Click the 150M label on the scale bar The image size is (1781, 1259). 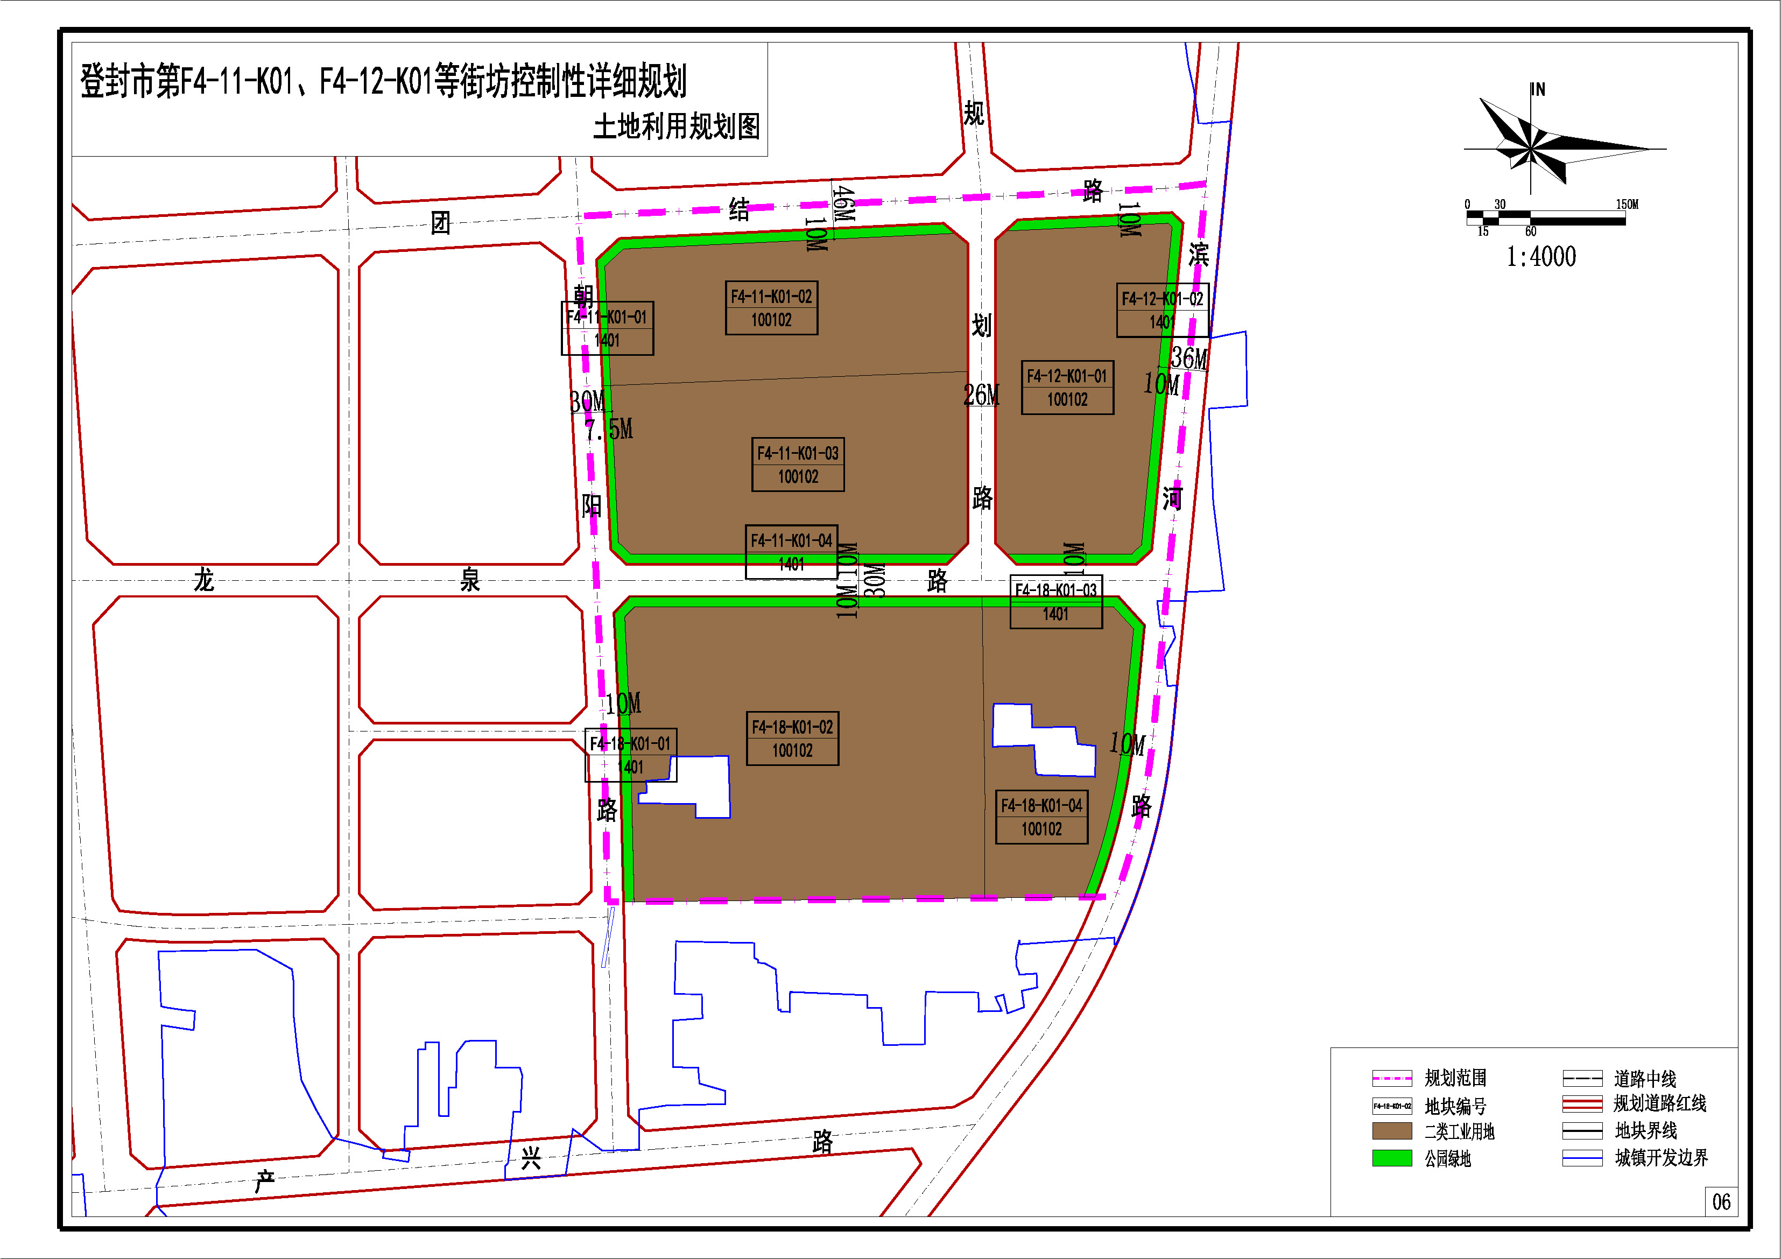click(1627, 205)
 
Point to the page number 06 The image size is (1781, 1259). click(1721, 1201)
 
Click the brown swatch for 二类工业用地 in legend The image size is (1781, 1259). click(1392, 1130)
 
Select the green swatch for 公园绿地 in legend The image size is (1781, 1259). click(1392, 1157)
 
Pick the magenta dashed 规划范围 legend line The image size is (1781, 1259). click(1392, 1078)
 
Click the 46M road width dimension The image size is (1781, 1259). click(843, 203)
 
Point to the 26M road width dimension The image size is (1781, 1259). click(981, 396)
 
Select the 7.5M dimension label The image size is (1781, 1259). click(609, 429)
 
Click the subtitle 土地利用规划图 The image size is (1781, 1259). click(677, 126)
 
